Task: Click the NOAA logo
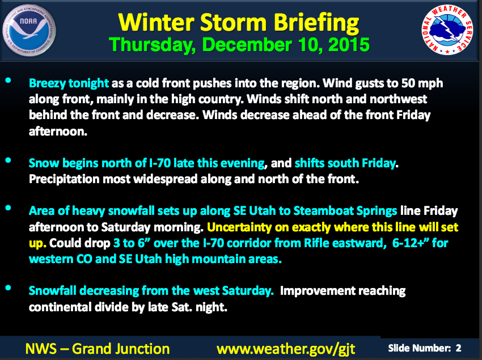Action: pyautogui.click(x=29, y=30)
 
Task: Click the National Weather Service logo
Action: pyautogui.click(x=447, y=30)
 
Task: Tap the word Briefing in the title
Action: pyautogui.click(x=316, y=23)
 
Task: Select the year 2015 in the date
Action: pyautogui.click(x=349, y=45)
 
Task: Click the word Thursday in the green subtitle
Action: pyautogui.click(x=152, y=45)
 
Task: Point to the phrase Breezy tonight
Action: pyautogui.click(x=69, y=83)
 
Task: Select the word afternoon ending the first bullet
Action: pyautogui.click(x=58, y=132)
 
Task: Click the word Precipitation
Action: pyautogui.click(x=64, y=179)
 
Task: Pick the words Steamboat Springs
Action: pyautogui.click(x=345, y=211)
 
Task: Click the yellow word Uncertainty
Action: pyautogui.click(x=239, y=227)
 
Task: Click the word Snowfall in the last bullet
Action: pyautogui.click(x=52, y=291)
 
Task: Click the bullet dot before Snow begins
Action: pyautogui.click(x=9, y=160)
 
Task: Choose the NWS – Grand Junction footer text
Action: pyautogui.click(x=98, y=349)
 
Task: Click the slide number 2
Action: pyautogui.click(x=458, y=348)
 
